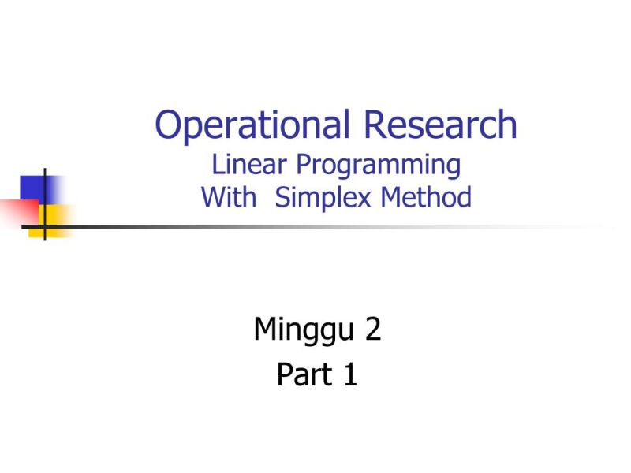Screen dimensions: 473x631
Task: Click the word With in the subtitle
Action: pos(229,196)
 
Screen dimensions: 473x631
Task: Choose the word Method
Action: pos(426,196)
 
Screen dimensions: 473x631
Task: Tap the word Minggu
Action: pos(304,330)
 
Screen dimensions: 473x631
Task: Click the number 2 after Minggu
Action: pos(373,329)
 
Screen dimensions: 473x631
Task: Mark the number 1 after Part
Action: pos(349,375)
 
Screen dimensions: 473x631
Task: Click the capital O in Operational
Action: pos(169,125)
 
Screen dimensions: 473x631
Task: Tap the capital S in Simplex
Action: pos(282,196)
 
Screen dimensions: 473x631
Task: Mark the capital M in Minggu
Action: pos(265,329)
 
